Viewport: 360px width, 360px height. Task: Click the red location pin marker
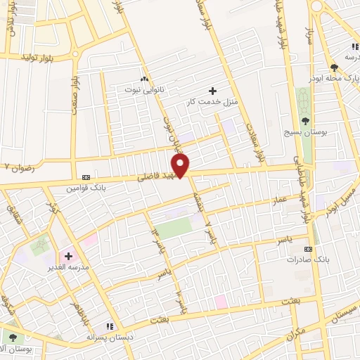click(x=181, y=166)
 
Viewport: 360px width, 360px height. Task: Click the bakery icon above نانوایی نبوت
click(x=145, y=79)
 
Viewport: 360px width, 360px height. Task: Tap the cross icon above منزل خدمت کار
click(x=212, y=91)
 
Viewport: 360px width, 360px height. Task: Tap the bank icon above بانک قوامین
click(x=86, y=178)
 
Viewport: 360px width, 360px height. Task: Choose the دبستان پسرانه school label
click(x=109, y=337)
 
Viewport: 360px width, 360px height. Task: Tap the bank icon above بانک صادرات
click(x=308, y=249)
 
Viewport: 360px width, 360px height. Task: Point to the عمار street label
click(x=279, y=200)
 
